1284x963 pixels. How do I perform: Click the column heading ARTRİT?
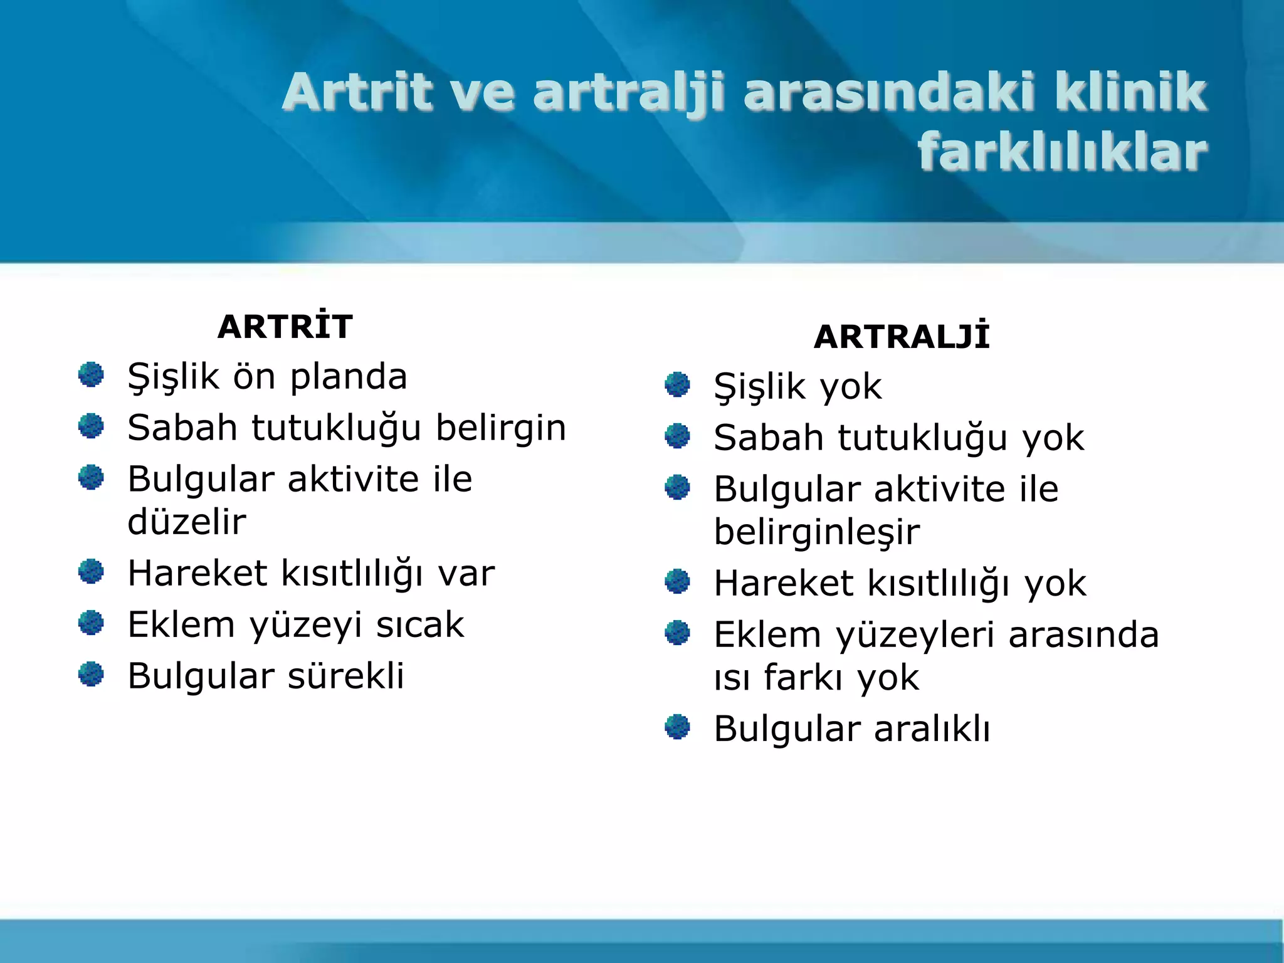[x=285, y=327]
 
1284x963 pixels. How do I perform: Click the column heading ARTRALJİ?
[x=901, y=337]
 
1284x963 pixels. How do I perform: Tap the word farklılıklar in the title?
[x=1062, y=152]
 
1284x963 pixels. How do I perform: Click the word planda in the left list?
[x=349, y=377]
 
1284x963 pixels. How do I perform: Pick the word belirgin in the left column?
[x=500, y=428]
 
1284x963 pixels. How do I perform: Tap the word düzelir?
[x=187, y=522]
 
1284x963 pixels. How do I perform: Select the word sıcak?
[x=419, y=625]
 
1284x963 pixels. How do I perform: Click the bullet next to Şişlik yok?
[x=677, y=385]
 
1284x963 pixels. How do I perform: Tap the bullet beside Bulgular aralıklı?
[x=677, y=727]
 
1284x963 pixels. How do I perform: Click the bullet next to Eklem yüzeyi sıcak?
[x=91, y=623]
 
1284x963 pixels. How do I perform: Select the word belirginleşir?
[x=816, y=532]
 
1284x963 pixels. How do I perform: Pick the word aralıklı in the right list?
[x=932, y=729]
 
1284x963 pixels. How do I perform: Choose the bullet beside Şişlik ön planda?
[x=91, y=375]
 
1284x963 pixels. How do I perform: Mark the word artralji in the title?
[x=629, y=93]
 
